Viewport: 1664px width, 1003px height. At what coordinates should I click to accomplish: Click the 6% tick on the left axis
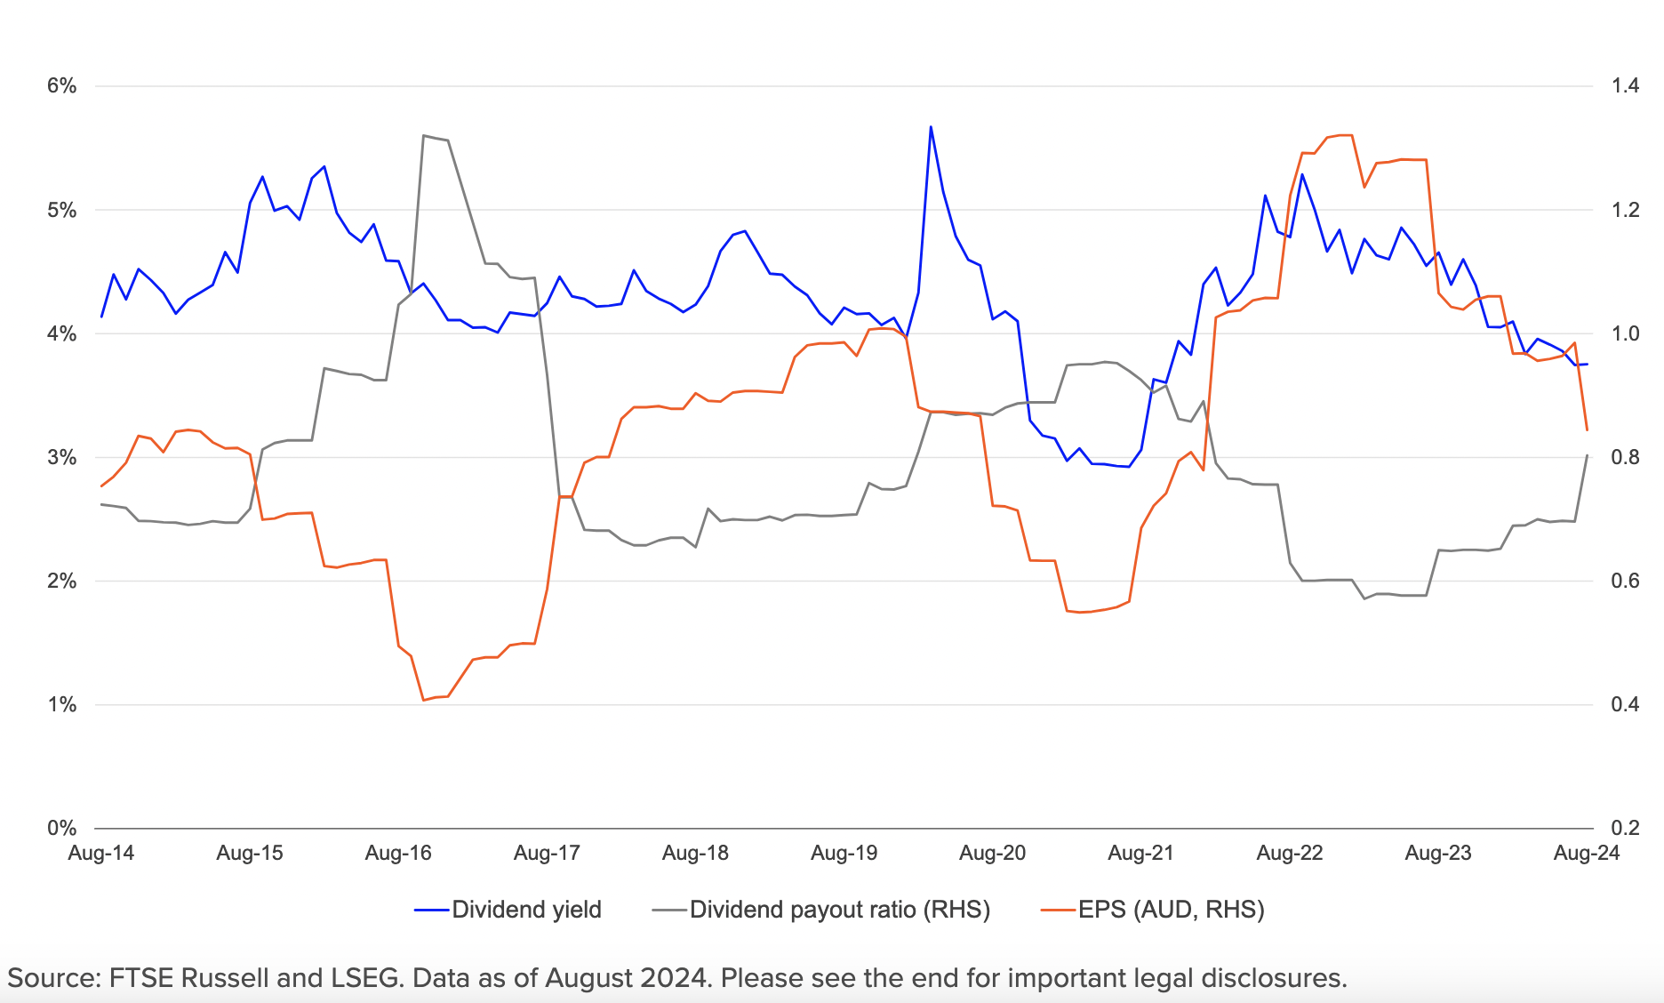(x=61, y=86)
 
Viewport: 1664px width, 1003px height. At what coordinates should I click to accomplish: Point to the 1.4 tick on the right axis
(x=1625, y=86)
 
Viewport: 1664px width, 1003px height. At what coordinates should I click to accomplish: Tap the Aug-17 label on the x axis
(x=547, y=854)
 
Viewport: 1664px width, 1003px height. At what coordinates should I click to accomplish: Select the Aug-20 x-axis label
(x=992, y=854)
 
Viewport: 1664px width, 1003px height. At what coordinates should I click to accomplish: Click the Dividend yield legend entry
(x=526, y=910)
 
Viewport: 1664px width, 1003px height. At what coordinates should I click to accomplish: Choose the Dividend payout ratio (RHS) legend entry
(x=839, y=910)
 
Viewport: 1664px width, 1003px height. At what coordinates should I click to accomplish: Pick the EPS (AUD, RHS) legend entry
(x=1171, y=910)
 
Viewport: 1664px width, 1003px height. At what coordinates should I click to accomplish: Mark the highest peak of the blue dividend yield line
(x=931, y=126)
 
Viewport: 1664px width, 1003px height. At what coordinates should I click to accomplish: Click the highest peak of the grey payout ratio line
(x=424, y=135)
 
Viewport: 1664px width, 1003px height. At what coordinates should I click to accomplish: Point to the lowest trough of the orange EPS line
(x=424, y=701)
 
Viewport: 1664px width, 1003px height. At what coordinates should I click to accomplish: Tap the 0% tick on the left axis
(x=61, y=829)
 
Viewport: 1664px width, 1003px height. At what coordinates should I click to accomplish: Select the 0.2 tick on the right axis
(x=1625, y=829)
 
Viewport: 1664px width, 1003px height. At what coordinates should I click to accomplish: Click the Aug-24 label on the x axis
(x=1586, y=854)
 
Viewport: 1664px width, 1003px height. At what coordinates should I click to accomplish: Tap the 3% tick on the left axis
(x=61, y=458)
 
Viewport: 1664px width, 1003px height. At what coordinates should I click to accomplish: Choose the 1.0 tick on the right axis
(x=1625, y=334)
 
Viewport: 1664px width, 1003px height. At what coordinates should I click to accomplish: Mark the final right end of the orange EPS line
(x=1587, y=430)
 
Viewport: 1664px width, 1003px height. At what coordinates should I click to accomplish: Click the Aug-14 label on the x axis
(x=101, y=854)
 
